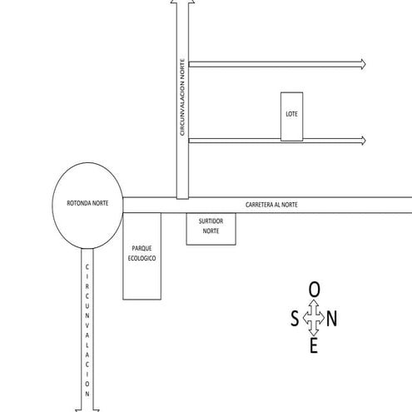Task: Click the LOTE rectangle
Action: pos(291,116)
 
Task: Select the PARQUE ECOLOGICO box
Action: pos(141,255)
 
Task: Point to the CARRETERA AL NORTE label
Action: pos(271,205)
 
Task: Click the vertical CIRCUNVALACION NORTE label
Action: pos(182,97)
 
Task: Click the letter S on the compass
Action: pos(295,318)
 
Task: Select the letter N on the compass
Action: pos(332,318)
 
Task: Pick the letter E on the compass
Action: pos(314,346)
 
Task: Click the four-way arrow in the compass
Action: pos(314,318)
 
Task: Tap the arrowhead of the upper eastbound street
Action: pos(363,64)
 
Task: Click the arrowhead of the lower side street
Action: pos(363,140)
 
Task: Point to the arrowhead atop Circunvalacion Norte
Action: pos(182,3)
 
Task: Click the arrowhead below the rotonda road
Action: pos(87,408)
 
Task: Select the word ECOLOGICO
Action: pos(141,259)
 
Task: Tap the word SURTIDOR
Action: pos(211,223)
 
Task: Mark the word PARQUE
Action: pos(141,249)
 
